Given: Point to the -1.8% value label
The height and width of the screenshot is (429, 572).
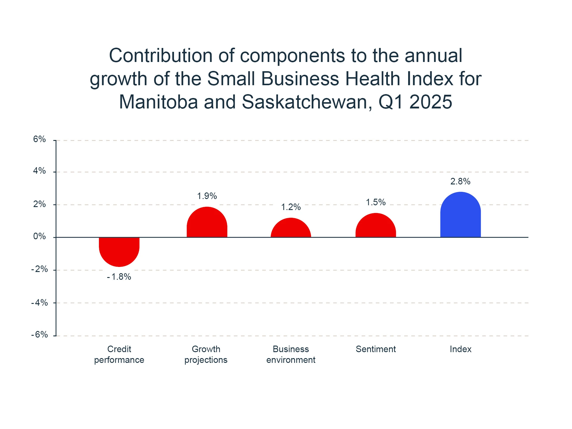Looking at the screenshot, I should pos(119,277).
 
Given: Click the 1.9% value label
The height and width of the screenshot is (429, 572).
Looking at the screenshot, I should pos(207,196).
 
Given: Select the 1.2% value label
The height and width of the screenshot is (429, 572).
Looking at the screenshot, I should pos(291,207).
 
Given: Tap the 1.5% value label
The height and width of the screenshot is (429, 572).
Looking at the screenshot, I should pos(376,202).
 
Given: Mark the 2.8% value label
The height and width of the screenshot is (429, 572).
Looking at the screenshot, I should pos(460,181).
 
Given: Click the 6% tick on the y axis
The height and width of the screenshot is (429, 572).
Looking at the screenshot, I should pos(40,139).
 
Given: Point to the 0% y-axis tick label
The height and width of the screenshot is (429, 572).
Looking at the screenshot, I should pos(40,237).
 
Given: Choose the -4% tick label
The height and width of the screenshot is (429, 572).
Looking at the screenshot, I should pos(40,303).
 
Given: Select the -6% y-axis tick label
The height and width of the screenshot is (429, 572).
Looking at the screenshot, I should pos(40,335).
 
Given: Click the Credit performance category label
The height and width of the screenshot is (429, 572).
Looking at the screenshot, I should pos(119,355).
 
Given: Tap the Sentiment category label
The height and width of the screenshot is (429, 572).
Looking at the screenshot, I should pos(376,349).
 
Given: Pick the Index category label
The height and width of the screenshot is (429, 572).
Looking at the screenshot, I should pos(460,349).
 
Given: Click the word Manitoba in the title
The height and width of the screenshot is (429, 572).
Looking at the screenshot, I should pos(158,102).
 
